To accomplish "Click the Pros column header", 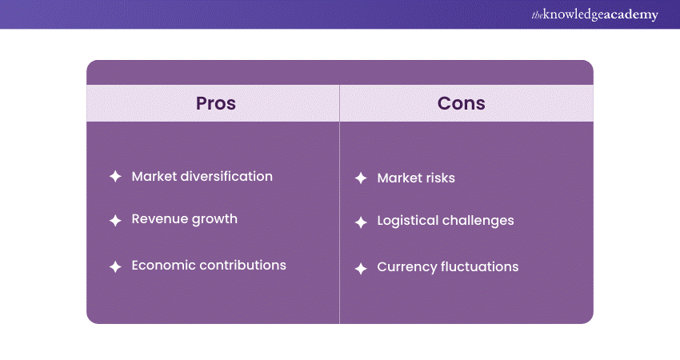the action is pyautogui.click(x=215, y=103).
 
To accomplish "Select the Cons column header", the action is pyautogui.click(x=461, y=103).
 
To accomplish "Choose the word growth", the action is pyautogui.click(x=214, y=219).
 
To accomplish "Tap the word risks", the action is pyautogui.click(x=440, y=178).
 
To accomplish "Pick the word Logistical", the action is pyautogui.click(x=408, y=221).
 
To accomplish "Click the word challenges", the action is pyautogui.click(x=478, y=221).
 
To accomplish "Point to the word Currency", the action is pyautogui.click(x=406, y=267).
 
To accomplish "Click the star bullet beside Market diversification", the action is pyautogui.click(x=115, y=177).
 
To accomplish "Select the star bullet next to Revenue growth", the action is pyautogui.click(x=115, y=221).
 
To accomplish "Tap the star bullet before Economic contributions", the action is pyautogui.click(x=115, y=266).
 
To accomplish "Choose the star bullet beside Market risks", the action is pyautogui.click(x=361, y=178).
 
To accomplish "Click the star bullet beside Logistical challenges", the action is pyautogui.click(x=361, y=222).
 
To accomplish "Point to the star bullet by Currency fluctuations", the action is pyautogui.click(x=361, y=269).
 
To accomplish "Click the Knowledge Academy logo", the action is pyautogui.click(x=595, y=14).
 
